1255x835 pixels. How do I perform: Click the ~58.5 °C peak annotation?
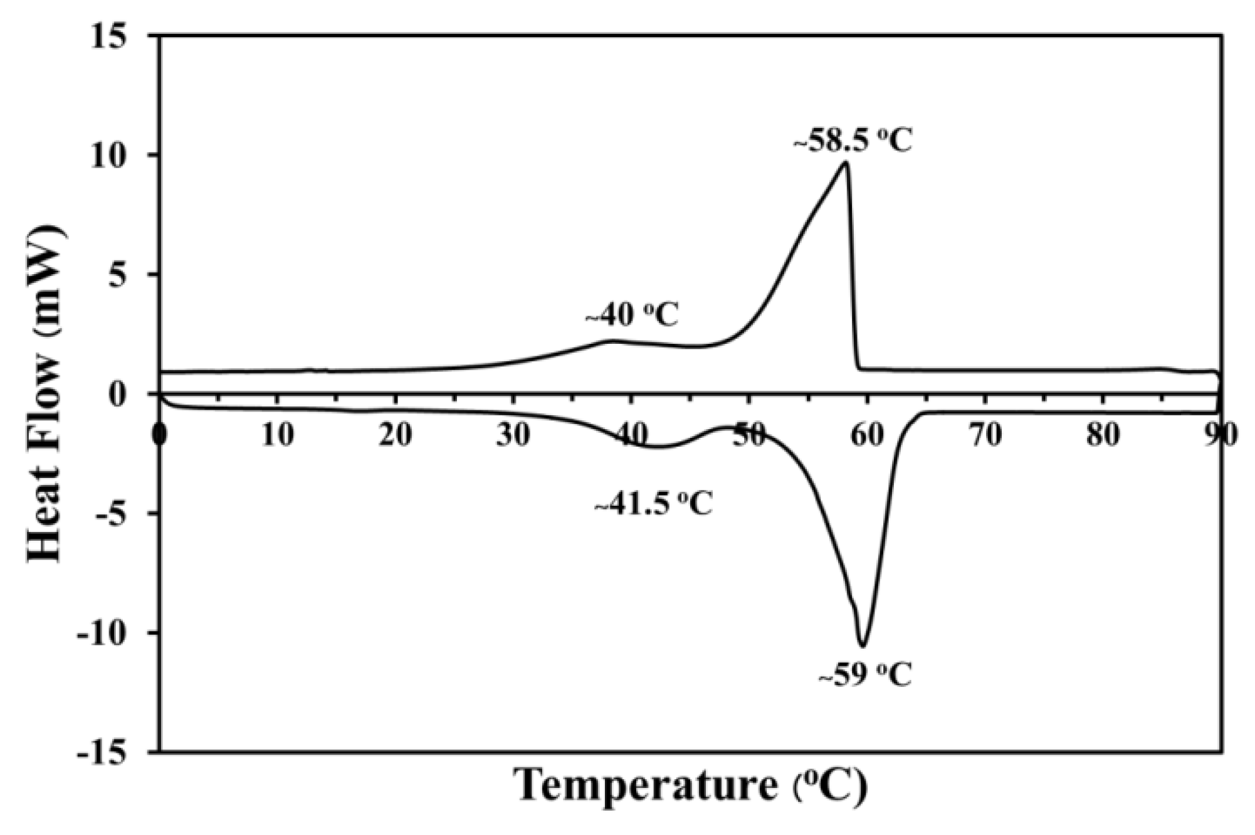tap(853, 142)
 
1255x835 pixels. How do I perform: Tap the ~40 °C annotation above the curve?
tap(632, 315)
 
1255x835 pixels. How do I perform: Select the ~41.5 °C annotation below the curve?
tap(654, 503)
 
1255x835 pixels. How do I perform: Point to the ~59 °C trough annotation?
tap(866, 675)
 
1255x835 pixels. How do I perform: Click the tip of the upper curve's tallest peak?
tap(846, 162)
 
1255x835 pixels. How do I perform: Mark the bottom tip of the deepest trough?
tap(863, 646)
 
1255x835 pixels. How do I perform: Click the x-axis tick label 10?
tap(278, 435)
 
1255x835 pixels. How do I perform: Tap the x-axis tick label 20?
tap(396, 435)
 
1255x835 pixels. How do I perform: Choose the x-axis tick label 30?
tap(513, 435)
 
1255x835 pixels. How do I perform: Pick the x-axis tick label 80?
tap(1103, 435)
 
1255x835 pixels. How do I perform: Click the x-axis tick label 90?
tap(1220, 435)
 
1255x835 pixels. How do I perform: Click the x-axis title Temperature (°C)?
tap(691, 787)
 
